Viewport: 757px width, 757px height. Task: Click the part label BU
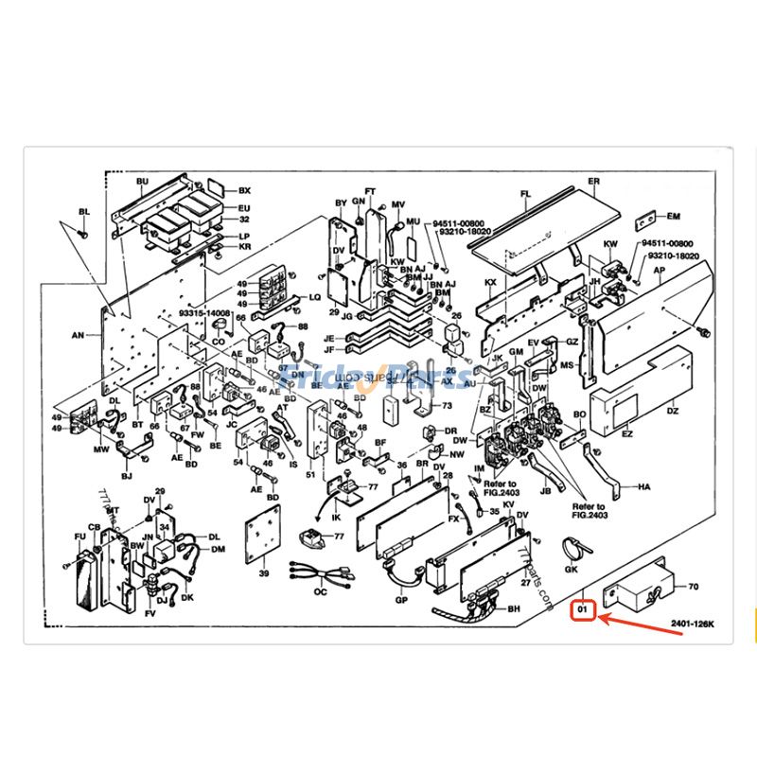143,181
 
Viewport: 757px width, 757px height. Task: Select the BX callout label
244,190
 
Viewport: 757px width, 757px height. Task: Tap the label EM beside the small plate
674,216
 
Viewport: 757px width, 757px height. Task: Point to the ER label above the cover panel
594,181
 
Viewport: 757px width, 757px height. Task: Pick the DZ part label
673,411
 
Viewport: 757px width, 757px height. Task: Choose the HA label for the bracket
644,486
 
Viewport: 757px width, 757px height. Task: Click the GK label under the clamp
571,570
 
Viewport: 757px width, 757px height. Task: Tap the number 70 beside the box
694,587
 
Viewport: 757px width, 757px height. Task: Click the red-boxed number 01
584,611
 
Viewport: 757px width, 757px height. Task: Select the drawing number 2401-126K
693,624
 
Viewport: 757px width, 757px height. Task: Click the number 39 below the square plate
264,573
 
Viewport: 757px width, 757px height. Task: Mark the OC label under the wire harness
320,591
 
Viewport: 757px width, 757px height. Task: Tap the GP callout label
401,599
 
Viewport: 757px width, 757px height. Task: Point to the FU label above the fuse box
79,537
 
